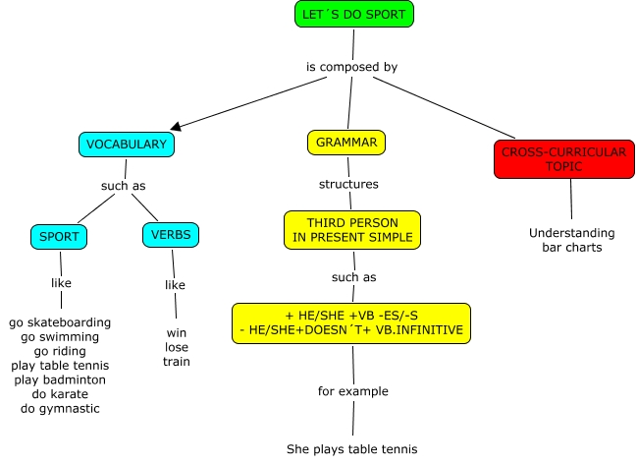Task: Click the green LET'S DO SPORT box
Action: pyautogui.click(x=354, y=14)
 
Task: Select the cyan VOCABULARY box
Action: pyautogui.click(x=127, y=145)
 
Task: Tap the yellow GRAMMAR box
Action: pyautogui.click(x=346, y=143)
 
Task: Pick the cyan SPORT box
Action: pyautogui.click(x=60, y=236)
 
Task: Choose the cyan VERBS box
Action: pyautogui.click(x=172, y=235)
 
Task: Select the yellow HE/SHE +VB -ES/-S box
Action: pyautogui.click(x=351, y=322)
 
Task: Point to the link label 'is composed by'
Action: pyautogui.click(x=352, y=67)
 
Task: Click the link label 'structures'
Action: pyautogui.click(x=348, y=184)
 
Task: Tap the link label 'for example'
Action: pyautogui.click(x=352, y=391)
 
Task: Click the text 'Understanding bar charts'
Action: pyautogui.click(x=571, y=240)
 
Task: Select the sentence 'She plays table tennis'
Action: pyautogui.click(x=351, y=449)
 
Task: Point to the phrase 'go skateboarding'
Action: pyautogui.click(x=60, y=322)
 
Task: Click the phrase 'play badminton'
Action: pyautogui.click(x=59, y=379)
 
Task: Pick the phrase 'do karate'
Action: pyautogui.click(x=59, y=393)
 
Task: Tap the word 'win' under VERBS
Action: pyautogui.click(x=177, y=332)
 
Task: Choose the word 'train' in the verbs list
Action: pyautogui.click(x=177, y=362)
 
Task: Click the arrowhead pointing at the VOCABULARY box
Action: pyautogui.click(x=176, y=127)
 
